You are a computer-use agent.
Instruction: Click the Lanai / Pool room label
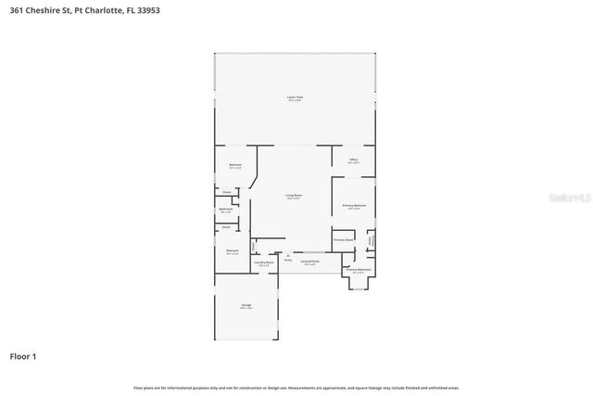coord(295,96)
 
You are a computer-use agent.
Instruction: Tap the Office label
coord(353,160)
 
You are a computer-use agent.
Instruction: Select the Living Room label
coord(294,196)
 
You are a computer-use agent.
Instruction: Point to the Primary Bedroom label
coord(353,206)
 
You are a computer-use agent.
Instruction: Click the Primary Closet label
coord(344,239)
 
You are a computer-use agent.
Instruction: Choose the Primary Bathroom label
coord(359,270)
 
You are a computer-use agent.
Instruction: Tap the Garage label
coord(246,305)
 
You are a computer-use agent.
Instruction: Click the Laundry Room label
coord(263,262)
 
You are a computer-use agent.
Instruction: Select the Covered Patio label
coord(309,262)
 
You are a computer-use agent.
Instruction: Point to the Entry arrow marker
coord(287,255)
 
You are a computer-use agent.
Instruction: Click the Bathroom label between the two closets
coord(226,210)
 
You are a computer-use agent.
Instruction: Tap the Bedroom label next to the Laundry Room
coord(233,250)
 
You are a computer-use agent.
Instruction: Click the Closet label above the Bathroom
coord(226,192)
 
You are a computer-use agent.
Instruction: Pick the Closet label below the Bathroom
coord(226,226)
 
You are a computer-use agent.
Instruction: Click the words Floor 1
coord(23,355)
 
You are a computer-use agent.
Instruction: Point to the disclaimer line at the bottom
coord(296,388)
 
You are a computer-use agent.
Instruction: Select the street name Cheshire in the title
coord(40,8)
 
